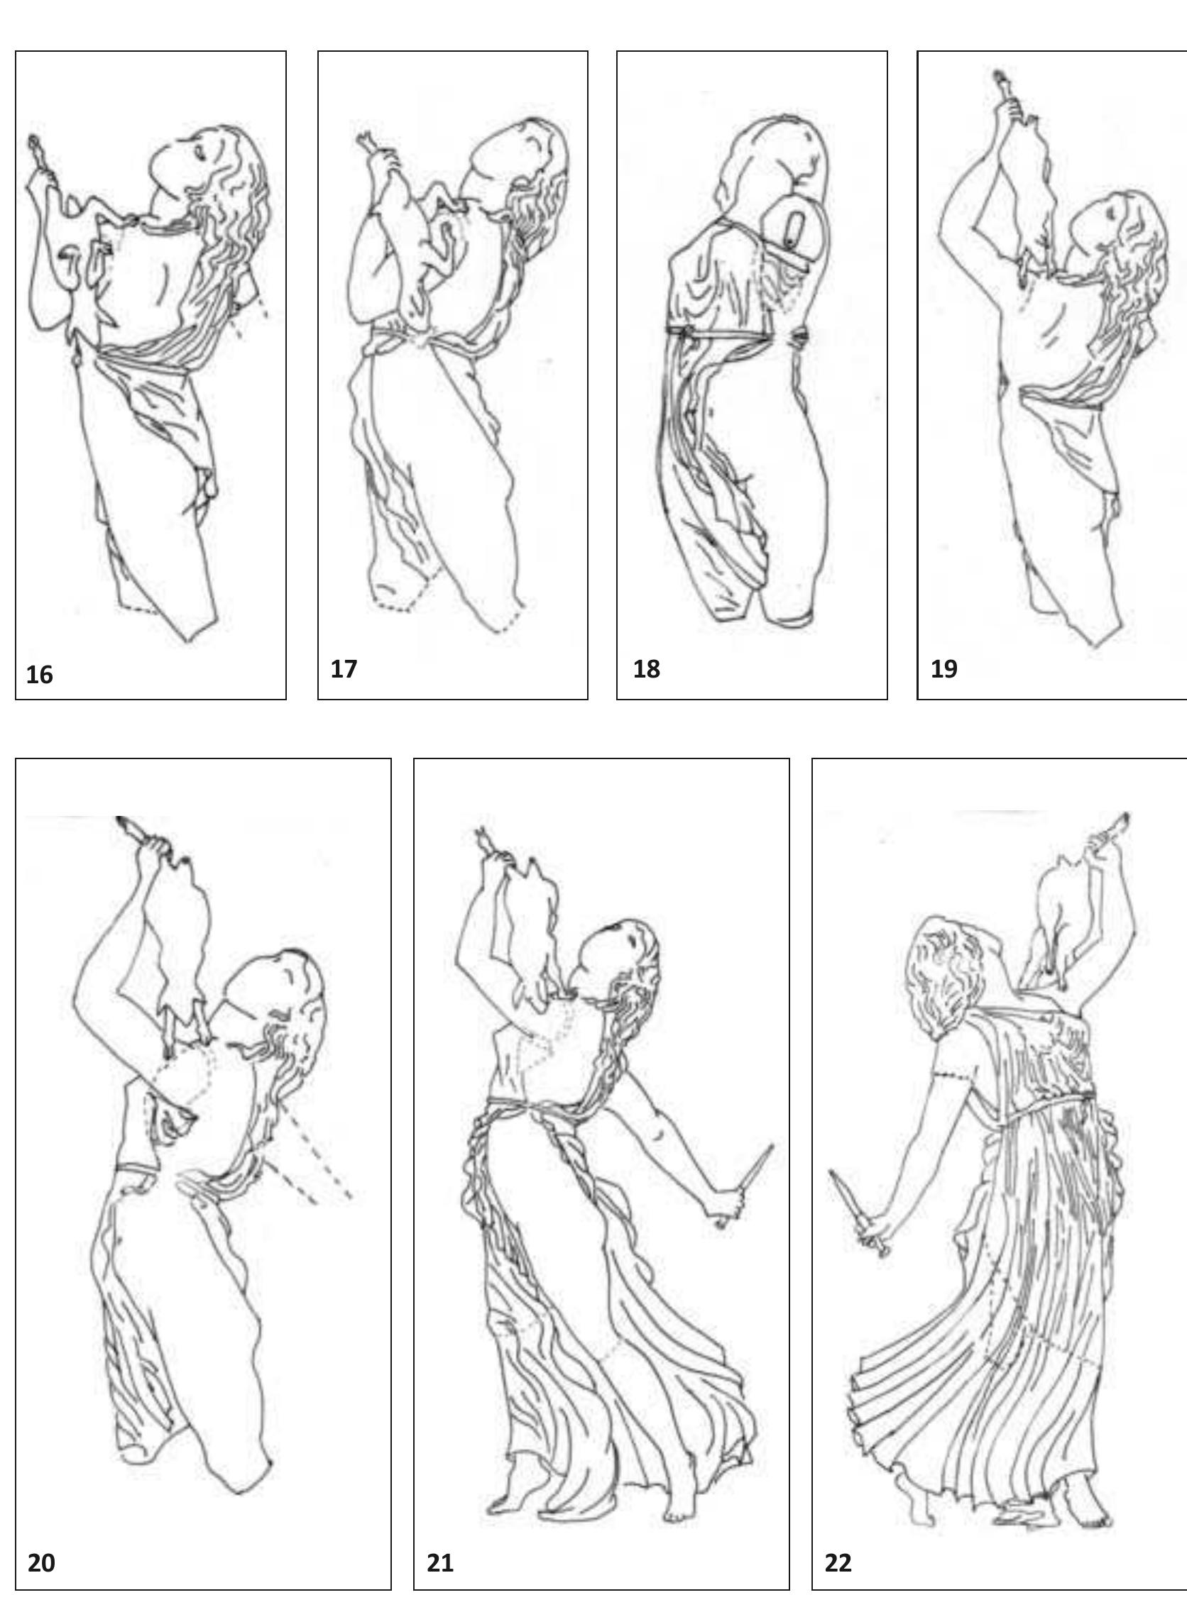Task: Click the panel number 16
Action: tap(40, 675)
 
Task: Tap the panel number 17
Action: tap(344, 669)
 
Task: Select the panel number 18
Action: tap(646, 669)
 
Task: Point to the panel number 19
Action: tap(944, 669)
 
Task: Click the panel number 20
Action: tap(41, 1562)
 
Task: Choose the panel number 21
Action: tap(439, 1562)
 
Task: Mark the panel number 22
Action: tap(838, 1562)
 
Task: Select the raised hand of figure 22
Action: tap(1101, 841)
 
